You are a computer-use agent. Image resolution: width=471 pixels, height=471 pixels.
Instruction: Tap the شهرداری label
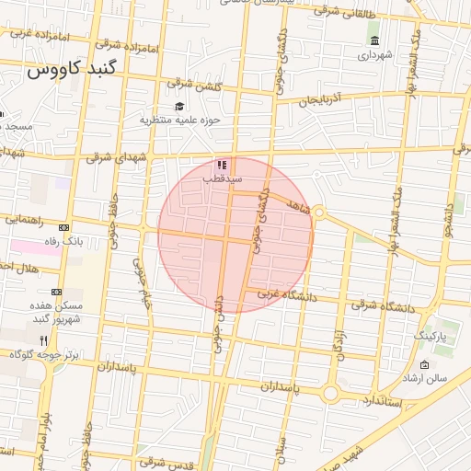[374, 55]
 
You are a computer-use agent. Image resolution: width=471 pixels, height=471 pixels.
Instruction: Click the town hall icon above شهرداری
[374, 40]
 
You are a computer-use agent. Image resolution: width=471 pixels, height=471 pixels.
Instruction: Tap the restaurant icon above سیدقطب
[222, 165]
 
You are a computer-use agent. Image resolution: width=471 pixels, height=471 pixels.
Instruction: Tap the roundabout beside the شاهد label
[319, 213]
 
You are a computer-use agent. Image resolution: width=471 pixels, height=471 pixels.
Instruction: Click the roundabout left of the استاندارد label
[329, 395]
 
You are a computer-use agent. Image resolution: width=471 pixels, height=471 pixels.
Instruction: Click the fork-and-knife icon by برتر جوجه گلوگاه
[43, 339]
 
